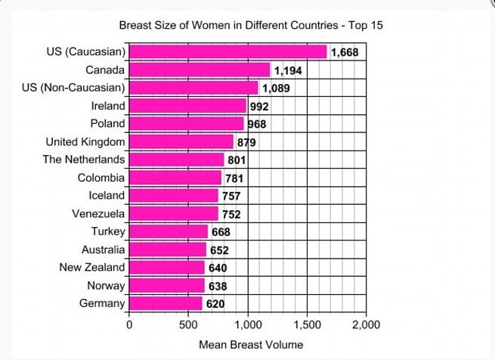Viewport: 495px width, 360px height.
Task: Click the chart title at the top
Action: [x=252, y=26]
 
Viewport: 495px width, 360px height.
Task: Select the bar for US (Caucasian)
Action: [x=227, y=52]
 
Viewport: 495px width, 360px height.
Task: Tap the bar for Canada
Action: [x=200, y=70]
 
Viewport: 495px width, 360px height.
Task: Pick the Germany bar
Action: [x=166, y=303]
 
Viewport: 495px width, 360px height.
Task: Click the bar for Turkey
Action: [x=169, y=231]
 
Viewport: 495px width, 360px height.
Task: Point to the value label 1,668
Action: [x=345, y=53]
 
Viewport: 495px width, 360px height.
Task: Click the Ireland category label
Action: [x=108, y=106]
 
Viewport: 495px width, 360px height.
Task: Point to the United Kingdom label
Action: [x=85, y=141]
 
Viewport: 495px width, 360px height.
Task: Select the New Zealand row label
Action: [x=92, y=267]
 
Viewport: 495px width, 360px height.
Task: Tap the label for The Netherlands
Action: [x=84, y=160]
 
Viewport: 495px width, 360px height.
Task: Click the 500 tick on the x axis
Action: [x=188, y=324]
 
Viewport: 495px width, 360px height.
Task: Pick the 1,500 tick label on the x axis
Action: [x=307, y=324]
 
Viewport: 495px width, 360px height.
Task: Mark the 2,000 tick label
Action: [x=366, y=324]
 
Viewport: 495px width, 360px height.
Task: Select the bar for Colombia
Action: [x=175, y=178]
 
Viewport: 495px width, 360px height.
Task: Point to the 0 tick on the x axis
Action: [x=129, y=324]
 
